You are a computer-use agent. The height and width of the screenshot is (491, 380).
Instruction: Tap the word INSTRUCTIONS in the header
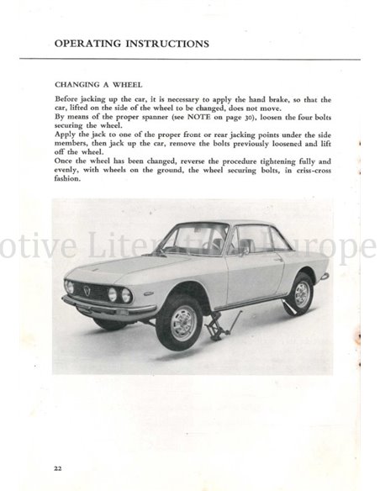(164, 43)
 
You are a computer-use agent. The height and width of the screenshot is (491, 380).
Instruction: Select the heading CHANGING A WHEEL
(98, 85)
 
